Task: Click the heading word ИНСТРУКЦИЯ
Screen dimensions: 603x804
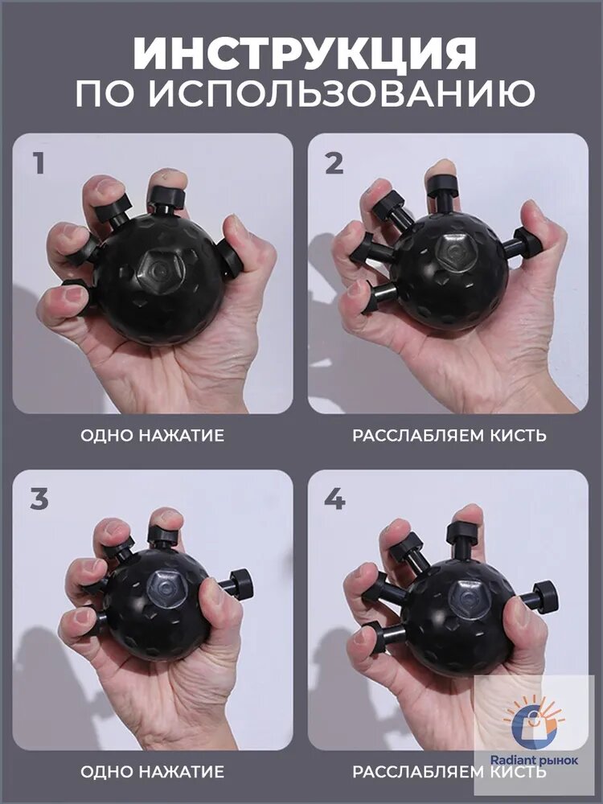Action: [x=305, y=53]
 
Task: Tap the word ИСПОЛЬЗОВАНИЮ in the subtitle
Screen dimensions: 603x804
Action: [x=343, y=94]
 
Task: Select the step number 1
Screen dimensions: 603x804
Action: [x=39, y=163]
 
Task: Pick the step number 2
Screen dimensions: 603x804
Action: [x=334, y=163]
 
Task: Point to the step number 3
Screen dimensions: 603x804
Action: [x=39, y=500]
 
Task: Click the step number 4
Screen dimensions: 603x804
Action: [x=334, y=500]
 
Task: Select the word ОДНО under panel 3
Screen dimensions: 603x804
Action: [x=107, y=772]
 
